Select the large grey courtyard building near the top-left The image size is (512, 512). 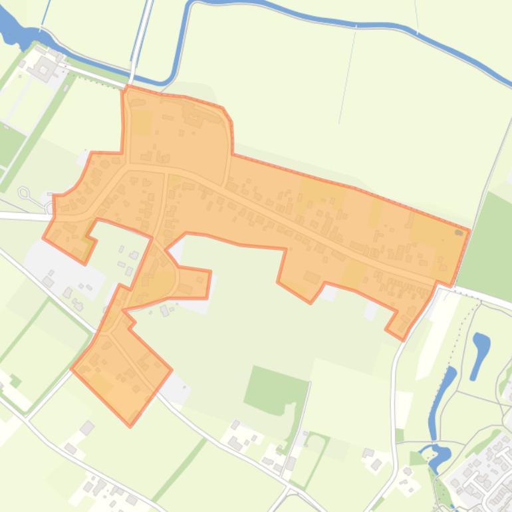pos(45,67)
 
